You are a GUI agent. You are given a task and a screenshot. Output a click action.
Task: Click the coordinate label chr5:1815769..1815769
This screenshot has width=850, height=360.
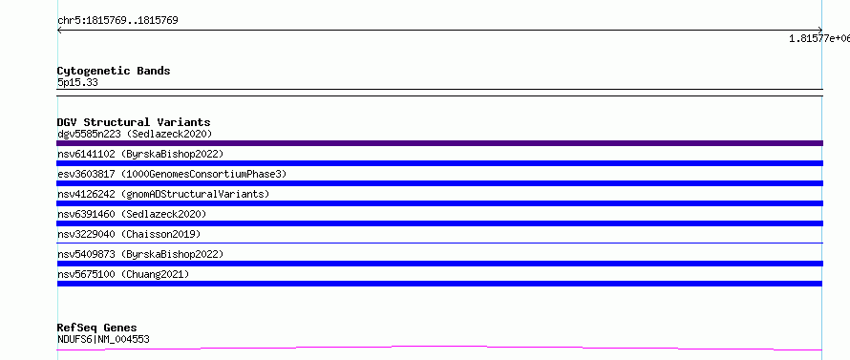[117, 21]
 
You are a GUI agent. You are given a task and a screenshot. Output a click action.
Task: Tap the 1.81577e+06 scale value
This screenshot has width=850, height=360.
[819, 38]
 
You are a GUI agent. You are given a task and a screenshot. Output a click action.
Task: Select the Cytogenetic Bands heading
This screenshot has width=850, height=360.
[114, 71]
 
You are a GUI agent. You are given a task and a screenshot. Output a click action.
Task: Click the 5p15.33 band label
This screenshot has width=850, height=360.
[77, 83]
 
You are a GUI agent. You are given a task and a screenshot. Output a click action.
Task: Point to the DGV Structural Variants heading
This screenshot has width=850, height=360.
[134, 122]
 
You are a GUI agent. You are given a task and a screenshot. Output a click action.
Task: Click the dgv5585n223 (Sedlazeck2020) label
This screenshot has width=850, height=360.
[135, 134]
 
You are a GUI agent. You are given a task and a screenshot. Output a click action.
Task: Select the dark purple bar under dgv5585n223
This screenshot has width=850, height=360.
[439, 143]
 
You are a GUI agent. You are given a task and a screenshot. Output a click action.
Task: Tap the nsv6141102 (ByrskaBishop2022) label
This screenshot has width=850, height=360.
[140, 154]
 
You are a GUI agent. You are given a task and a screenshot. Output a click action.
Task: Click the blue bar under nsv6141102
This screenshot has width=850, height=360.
[439, 163]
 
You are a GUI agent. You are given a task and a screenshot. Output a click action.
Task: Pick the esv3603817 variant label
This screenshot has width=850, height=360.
[172, 174]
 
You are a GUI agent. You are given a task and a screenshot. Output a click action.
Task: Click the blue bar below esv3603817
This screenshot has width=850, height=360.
[439, 183]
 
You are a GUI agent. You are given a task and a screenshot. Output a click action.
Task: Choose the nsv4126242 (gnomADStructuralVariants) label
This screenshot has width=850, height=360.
[163, 194]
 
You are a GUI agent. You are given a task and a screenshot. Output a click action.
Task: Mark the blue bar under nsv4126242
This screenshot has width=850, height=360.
[439, 203]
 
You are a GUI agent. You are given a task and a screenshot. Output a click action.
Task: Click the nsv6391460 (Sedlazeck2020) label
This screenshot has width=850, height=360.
[132, 214]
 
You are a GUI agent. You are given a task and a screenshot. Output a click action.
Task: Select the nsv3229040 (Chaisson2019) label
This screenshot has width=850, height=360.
[129, 234]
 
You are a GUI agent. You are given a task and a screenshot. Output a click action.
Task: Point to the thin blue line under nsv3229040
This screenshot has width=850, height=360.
[439, 243]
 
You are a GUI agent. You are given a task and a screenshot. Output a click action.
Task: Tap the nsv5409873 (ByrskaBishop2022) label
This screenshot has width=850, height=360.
[140, 254]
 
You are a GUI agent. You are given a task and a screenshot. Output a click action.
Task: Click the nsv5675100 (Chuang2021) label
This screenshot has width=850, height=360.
[123, 274]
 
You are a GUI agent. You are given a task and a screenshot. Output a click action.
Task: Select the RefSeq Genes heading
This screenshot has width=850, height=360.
[97, 328]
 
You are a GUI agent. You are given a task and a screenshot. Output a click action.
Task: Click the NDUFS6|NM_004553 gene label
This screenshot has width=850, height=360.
[103, 339]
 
